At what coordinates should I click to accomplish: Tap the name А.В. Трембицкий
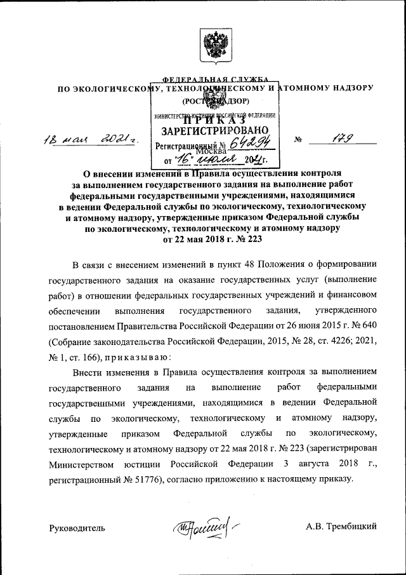pos(341,527)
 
